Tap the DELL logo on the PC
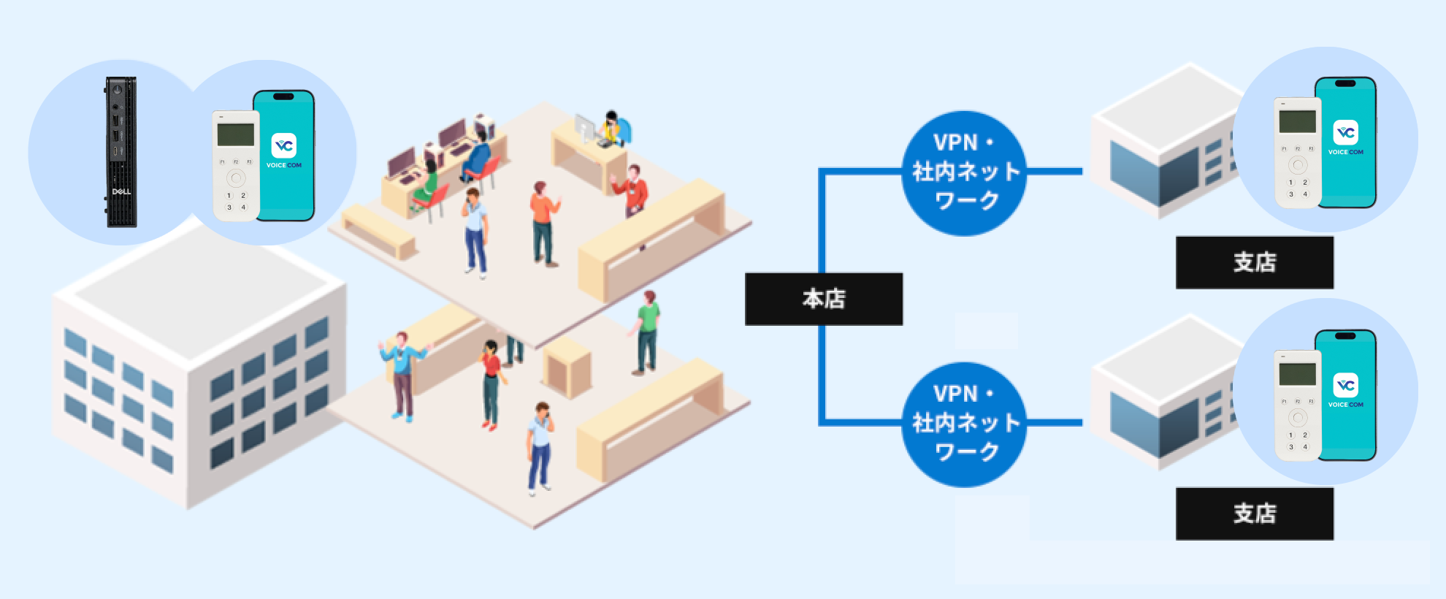pos(121,192)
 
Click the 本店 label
pos(824,299)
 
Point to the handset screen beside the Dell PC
pos(235,135)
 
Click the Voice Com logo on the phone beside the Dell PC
pos(284,146)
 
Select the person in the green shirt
pos(647,332)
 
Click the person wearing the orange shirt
pos(542,223)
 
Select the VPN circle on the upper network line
pos(965,172)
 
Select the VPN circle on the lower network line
pos(965,424)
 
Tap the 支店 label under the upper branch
pos(1254,262)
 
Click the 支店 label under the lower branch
pos(1254,514)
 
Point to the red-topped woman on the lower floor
pos(491,384)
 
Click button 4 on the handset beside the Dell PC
pos(243,207)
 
